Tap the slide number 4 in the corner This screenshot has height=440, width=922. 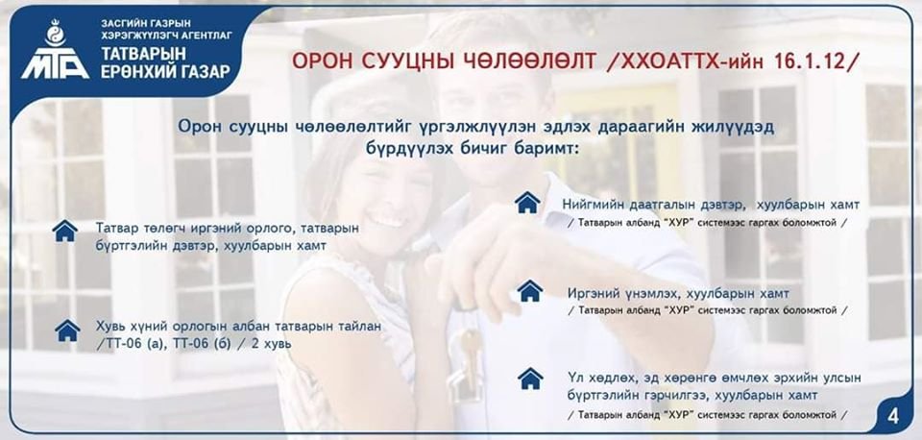click(x=892, y=417)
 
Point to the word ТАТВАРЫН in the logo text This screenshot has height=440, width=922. click(x=143, y=54)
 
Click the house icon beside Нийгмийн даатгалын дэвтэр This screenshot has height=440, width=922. click(x=527, y=203)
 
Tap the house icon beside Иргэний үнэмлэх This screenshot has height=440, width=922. click(x=530, y=290)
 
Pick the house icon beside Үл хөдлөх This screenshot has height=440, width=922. click(x=530, y=379)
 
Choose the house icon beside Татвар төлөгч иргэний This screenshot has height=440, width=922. click(x=64, y=231)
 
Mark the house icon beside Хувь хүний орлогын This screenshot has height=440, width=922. click(x=67, y=330)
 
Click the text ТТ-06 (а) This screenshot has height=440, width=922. click(x=128, y=344)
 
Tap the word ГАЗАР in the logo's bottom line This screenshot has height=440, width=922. click(x=206, y=72)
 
